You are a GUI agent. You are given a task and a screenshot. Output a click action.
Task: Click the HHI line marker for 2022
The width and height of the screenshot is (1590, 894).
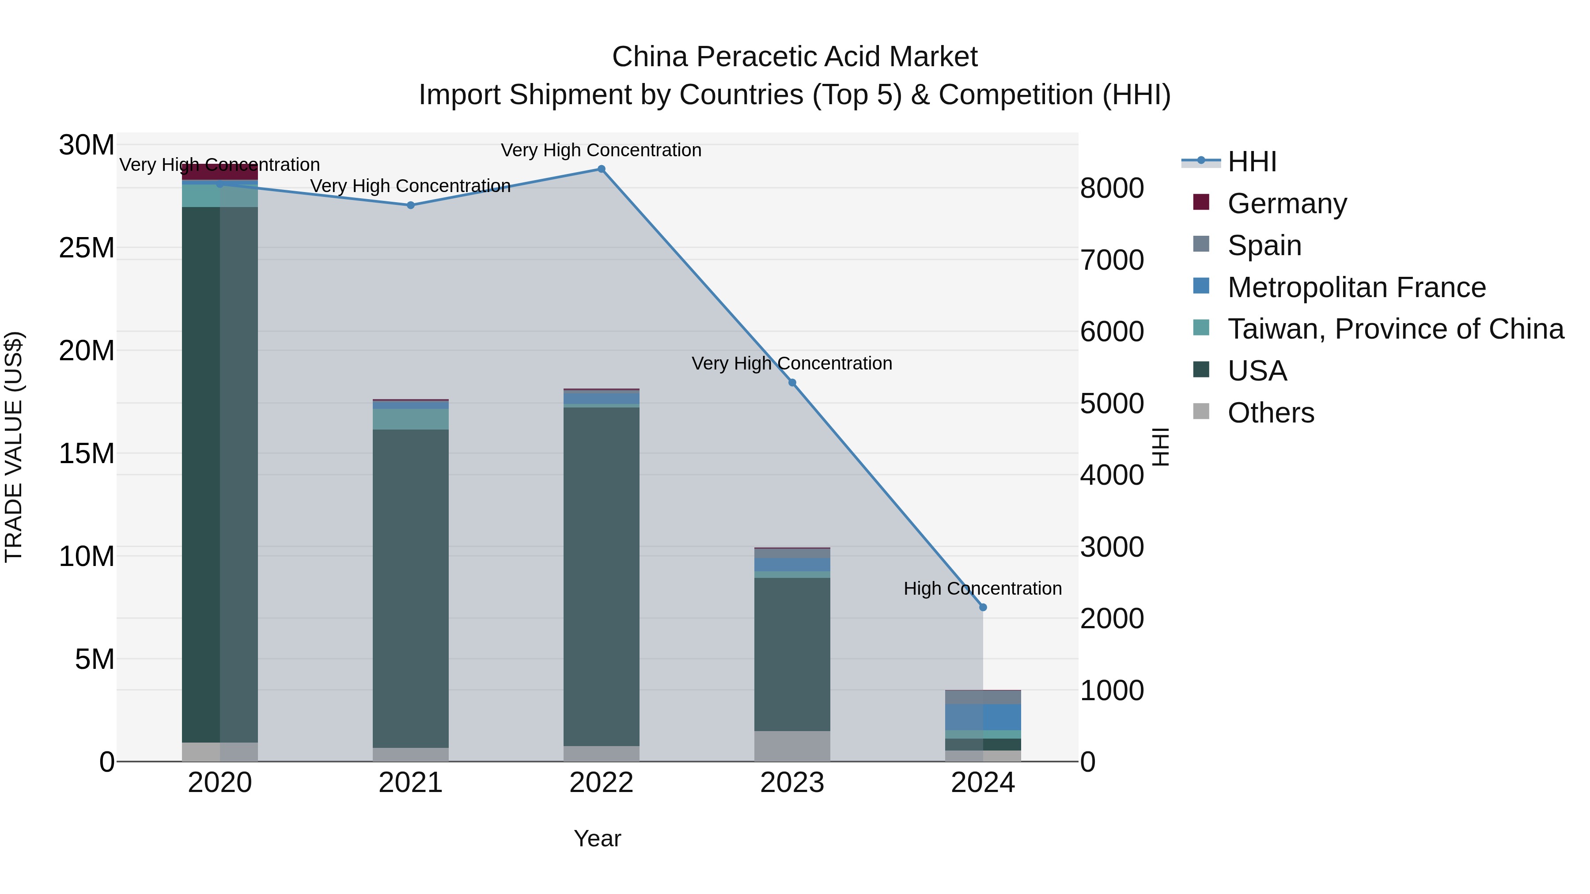point(601,169)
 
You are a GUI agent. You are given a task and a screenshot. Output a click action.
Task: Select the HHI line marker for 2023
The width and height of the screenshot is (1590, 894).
point(792,382)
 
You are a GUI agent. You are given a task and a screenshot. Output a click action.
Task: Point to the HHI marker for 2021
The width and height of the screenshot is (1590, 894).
point(410,205)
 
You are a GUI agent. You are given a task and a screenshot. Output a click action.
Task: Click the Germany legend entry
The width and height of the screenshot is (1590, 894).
point(1287,204)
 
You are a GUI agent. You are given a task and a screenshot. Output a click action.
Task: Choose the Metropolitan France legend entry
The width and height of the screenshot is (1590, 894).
point(1356,287)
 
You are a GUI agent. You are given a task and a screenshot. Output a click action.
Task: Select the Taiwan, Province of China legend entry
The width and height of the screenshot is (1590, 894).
point(1395,329)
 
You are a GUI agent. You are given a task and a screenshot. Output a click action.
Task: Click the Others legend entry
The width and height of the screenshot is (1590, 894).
point(1270,413)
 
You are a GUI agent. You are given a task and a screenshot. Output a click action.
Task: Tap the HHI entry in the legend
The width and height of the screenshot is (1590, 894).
point(1252,162)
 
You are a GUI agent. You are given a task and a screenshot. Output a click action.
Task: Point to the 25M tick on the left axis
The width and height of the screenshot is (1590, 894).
point(87,248)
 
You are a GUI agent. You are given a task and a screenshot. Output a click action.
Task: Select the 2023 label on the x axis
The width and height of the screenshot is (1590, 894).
point(792,783)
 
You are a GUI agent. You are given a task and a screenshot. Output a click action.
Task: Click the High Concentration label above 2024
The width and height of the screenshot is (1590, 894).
point(983,588)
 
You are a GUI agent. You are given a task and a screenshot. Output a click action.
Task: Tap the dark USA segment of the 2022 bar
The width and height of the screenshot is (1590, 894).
point(601,574)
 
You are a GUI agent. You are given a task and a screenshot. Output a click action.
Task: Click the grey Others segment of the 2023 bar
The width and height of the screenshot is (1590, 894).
point(792,746)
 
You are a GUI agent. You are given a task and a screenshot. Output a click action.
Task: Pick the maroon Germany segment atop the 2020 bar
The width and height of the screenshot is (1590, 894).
point(220,172)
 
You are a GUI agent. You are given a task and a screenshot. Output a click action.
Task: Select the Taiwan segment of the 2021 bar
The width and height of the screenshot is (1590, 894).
point(410,419)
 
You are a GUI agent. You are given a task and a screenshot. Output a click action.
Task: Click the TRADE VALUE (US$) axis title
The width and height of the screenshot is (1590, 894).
point(14,447)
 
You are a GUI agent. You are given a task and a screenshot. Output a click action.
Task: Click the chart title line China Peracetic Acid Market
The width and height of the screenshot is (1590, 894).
point(795,57)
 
